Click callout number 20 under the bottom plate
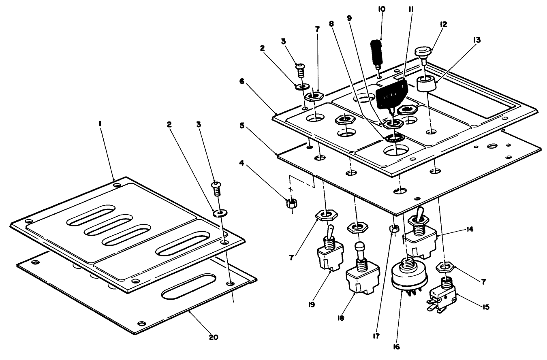click(214, 337)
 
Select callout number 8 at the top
click(332, 23)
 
